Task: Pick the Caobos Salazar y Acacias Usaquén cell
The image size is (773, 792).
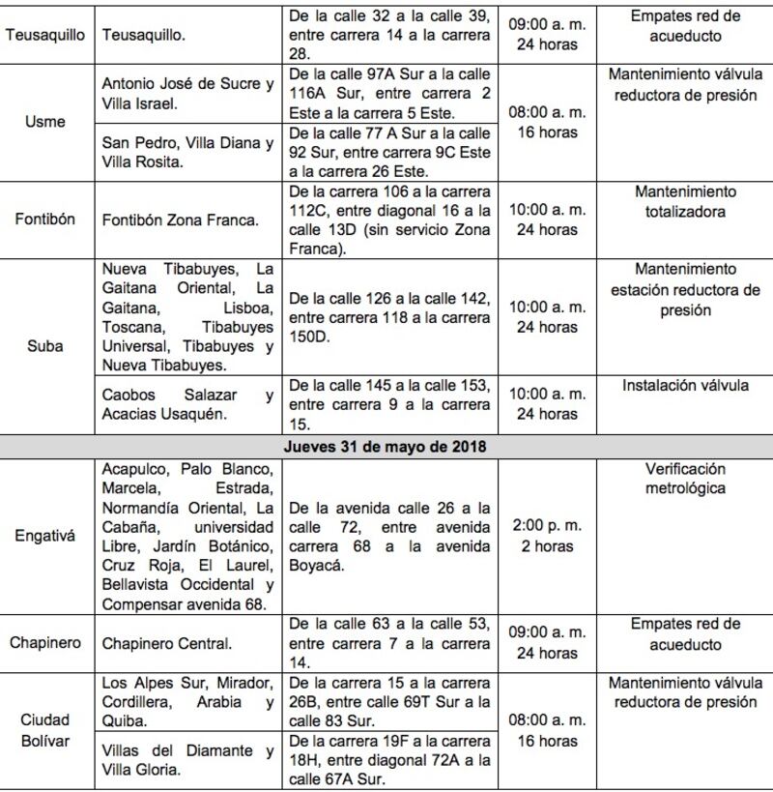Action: (187, 404)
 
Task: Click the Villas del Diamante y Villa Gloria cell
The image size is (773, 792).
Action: (187, 760)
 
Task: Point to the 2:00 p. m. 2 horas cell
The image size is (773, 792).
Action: (546, 536)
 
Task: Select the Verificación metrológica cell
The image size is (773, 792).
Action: (685, 479)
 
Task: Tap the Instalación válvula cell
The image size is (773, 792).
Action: (685, 385)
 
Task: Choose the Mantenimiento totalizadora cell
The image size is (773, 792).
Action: (685, 201)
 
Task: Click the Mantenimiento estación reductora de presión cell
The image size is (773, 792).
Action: (685, 289)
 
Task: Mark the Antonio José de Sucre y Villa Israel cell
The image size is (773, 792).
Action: (187, 93)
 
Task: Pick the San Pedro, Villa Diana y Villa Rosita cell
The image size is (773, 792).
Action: (187, 152)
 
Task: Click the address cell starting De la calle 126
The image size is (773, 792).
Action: (389, 316)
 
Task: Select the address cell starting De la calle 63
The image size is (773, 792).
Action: (389, 643)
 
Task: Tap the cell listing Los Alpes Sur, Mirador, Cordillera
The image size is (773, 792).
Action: (187, 701)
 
